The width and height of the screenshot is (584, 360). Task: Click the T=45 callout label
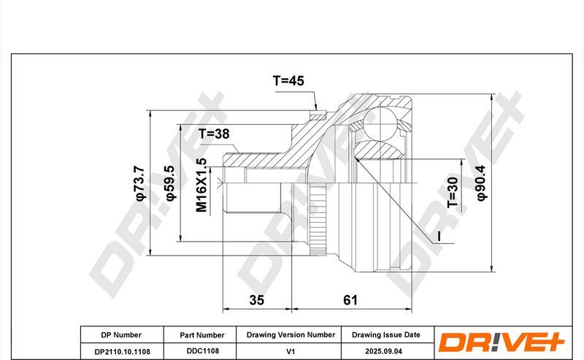point(288,80)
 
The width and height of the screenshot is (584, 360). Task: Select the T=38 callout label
point(214,134)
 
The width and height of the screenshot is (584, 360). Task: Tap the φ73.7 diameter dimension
point(140,183)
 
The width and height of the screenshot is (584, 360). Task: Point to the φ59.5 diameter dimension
point(170,183)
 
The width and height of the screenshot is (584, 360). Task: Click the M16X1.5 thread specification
point(201,185)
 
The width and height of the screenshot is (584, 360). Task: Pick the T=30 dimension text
point(453,192)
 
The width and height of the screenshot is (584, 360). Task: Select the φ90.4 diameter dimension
point(481,183)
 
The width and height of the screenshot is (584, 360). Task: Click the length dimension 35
point(257,300)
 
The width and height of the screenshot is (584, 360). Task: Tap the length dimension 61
point(350,300)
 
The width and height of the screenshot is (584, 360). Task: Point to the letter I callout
point(439,236)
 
